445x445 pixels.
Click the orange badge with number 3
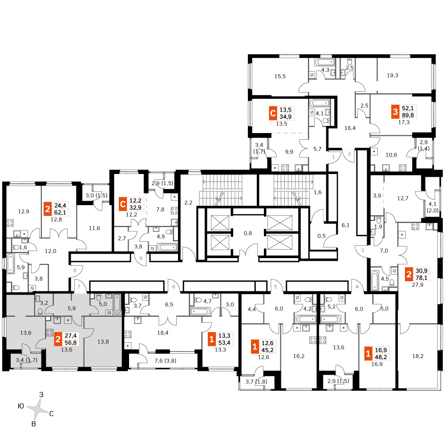coord(395,112)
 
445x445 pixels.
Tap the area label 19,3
coord(392,76)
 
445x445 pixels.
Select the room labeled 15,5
coord(280,77)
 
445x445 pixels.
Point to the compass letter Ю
coord(21,406)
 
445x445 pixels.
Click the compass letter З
coord(41,394)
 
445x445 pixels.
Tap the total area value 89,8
coord(408,115)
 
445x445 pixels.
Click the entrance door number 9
coord(141,259)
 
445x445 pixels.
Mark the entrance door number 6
coord(174,287)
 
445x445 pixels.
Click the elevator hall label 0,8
coord(248,233)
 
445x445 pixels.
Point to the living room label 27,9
coord(417,285)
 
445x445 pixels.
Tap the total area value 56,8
coord(71,343)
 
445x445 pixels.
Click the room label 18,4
coord(162,333)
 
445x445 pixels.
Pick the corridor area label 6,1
coord(345,225)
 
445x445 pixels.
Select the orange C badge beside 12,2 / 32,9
coord(123,204)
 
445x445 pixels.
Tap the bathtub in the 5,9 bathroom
coord(10,264)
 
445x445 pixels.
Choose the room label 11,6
coord(94,228)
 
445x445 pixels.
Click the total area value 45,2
coord(267,350)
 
